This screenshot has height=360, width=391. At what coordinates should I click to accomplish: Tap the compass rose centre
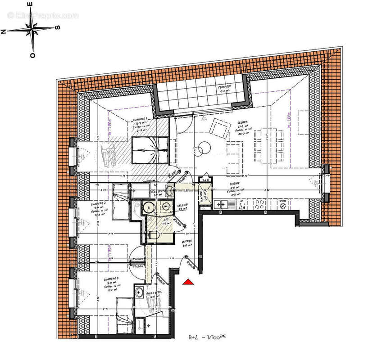33,30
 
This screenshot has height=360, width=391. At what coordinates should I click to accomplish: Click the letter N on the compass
4,31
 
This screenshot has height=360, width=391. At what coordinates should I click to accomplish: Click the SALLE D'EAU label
154,293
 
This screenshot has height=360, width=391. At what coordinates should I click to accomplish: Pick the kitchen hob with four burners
260,205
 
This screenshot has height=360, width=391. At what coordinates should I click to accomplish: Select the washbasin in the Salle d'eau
140,291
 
